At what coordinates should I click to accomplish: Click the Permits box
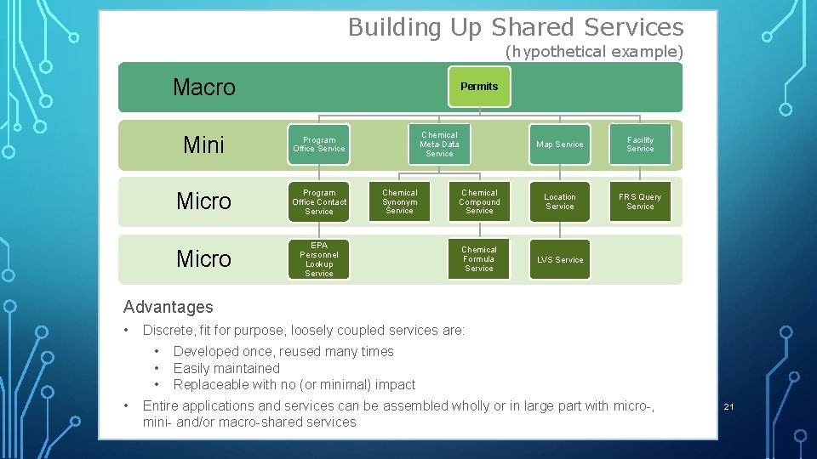(479, 87)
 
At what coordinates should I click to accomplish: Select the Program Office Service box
(319, 144)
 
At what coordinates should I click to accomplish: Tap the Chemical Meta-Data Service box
(439, 144)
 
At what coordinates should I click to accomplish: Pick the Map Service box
(559, 144)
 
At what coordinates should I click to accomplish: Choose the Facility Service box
(640, 144)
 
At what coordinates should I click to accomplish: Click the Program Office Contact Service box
(319, 201)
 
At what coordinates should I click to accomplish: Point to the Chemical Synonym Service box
(399, 201)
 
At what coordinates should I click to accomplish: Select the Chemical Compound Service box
(479, 201)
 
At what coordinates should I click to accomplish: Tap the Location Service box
(559, 201)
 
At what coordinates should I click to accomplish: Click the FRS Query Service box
(640, 201)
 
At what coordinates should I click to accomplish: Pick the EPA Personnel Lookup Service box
(319, 259)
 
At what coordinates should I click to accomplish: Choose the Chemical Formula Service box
(479, 259)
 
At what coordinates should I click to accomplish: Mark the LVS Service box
(559, 259)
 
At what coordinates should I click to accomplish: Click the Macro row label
(204, 88)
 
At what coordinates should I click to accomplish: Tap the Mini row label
(204, 145)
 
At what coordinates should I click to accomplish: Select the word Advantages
(169, 307)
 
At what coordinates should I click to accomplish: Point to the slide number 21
(728, 407)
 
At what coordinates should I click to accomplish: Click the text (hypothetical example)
(593, 52)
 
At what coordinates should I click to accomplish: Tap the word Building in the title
(394, 28)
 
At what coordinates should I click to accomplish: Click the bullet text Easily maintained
(226, 368)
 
